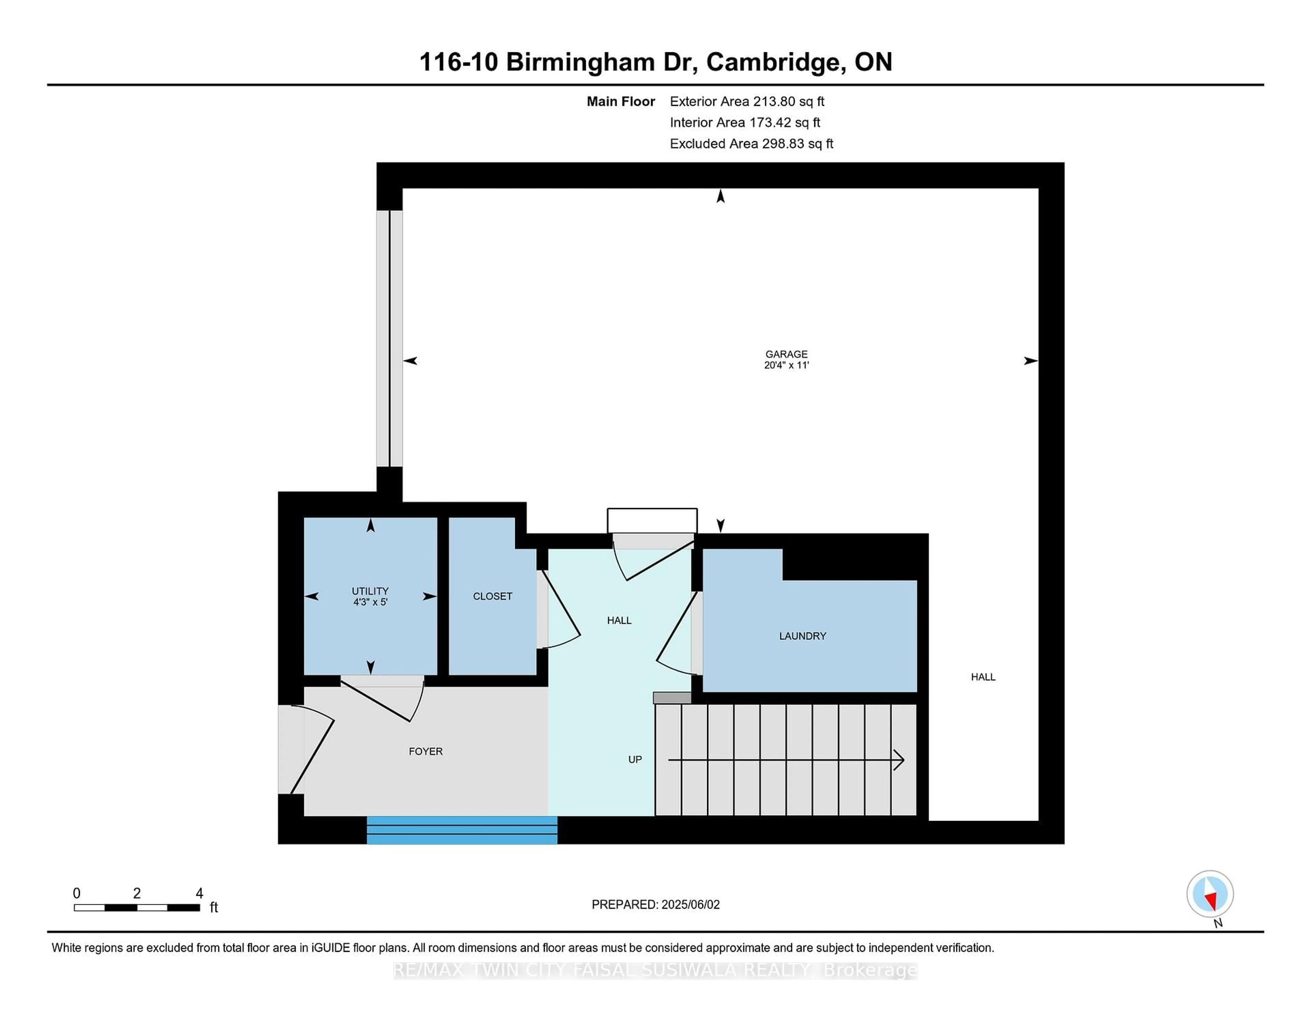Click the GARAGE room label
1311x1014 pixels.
pyautogui.click(x=786, y=354)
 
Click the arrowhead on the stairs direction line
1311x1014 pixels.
pyautogui.click(x=899, y=760)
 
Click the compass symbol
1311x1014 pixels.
pyautogui.click(x=1210, y=894)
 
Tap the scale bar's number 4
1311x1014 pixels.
pyautogui.click(x=199, y=893)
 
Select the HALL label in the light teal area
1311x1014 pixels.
pyautogui.click(x=619, y=620)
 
